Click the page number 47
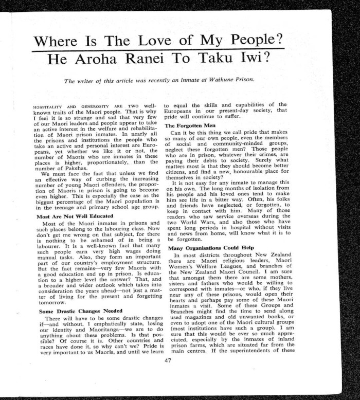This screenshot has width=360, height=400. pyautogui.click(x=168, y=360)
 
